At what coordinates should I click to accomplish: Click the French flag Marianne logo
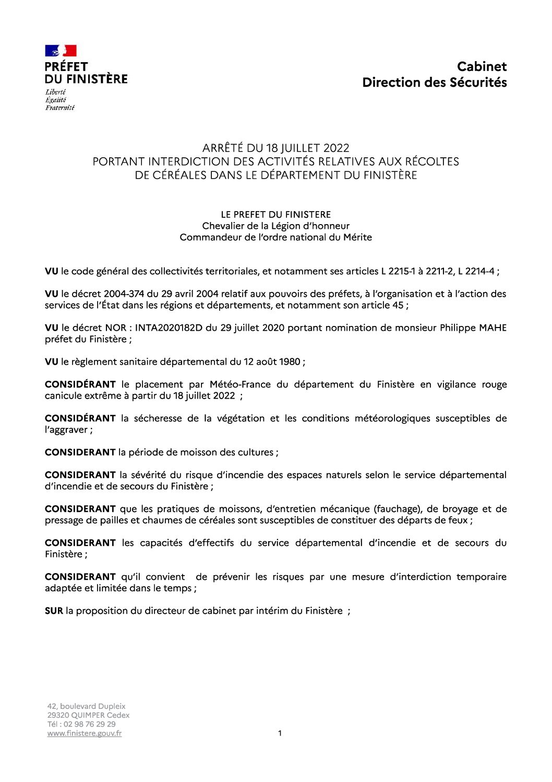click(x=61, y=51)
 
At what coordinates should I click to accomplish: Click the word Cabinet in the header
click(x=482, y=67)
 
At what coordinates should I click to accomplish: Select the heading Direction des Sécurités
click(x=434, y=83)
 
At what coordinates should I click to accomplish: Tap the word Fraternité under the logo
click(x=59, y=108)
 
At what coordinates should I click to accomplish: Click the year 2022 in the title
click(x=336, y=148)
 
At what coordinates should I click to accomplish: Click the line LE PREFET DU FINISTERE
click(x=275, y=215)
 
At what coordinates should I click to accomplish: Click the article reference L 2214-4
click(x=476, y=272)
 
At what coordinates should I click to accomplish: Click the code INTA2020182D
click(x=169, y=328)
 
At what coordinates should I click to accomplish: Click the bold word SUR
click(x=54, y=611)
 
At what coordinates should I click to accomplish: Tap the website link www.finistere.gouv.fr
click(x=85, y=733)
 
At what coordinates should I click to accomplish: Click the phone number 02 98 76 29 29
click(x=89, y=725)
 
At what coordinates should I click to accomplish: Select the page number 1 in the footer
click(x=280, y=733)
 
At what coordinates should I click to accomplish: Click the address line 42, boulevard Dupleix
click(x=87, y=707)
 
